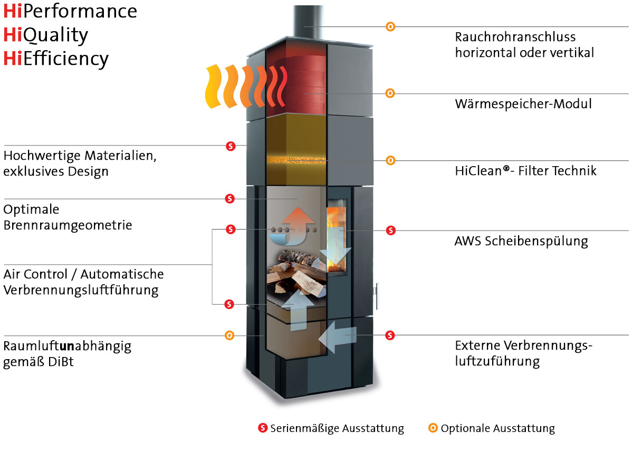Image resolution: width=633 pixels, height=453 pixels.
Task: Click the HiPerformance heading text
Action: tap(70, 11)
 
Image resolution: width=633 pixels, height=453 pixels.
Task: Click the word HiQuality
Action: tap(45, 35)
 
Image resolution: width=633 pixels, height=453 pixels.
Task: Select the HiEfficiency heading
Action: tap(56, 58)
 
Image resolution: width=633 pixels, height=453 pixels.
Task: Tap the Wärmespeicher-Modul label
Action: tap(523, 104)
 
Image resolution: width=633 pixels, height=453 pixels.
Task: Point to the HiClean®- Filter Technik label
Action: tap(525, 170)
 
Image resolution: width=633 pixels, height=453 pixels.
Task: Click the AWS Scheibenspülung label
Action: tap(521, 242)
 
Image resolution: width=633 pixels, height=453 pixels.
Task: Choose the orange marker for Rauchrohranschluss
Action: tap(390, 26)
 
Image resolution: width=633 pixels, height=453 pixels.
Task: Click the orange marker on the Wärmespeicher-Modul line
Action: tap(390, 93)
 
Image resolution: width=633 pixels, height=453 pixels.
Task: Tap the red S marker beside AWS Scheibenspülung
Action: tap(390, 230)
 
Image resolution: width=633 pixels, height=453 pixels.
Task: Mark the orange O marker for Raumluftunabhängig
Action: tap(229, 335)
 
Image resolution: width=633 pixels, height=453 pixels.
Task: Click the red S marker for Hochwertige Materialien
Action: tap(230, 146)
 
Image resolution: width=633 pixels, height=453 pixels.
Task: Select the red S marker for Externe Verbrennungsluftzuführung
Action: tap(390, 335)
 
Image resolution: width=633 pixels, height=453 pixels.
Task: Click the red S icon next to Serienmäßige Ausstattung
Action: tap(263, 428)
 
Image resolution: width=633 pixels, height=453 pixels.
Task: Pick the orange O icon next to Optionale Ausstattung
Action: tap(433, 428)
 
